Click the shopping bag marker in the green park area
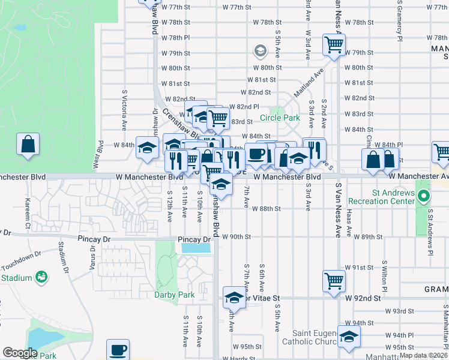tap(28, 145)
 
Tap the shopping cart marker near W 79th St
tap(333, 44)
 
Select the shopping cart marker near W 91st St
tap(333, 280)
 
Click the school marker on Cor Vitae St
tap(234, 297)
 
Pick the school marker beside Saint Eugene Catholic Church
tap(348, 337)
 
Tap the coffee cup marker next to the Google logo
tap(118, 349)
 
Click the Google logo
tap(20, 353)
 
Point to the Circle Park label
tap(279, 118)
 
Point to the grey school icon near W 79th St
tap(260, 50)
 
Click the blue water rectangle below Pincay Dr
tap(196, 248)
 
